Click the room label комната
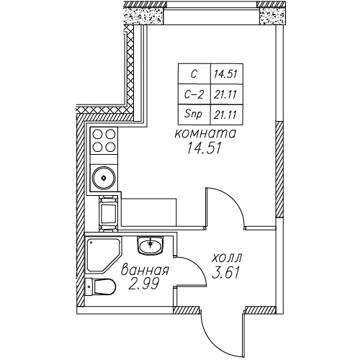coord(205,134)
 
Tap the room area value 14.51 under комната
coord(204,148)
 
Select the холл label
coord(227,258)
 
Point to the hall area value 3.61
coord(225,273)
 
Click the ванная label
coord(145,270)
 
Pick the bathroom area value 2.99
coord(144,284)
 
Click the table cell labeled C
coord(194,74)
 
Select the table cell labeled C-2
coord(194,94)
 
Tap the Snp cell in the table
coord(194,114)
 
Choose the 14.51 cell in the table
coord(227,74)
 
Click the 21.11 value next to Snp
coord(227,114)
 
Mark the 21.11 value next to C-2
coord(227,94)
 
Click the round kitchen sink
coord(104,178)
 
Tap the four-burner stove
coord(104,140)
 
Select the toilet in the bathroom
coord(101,287)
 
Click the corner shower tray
coord(103,255)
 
